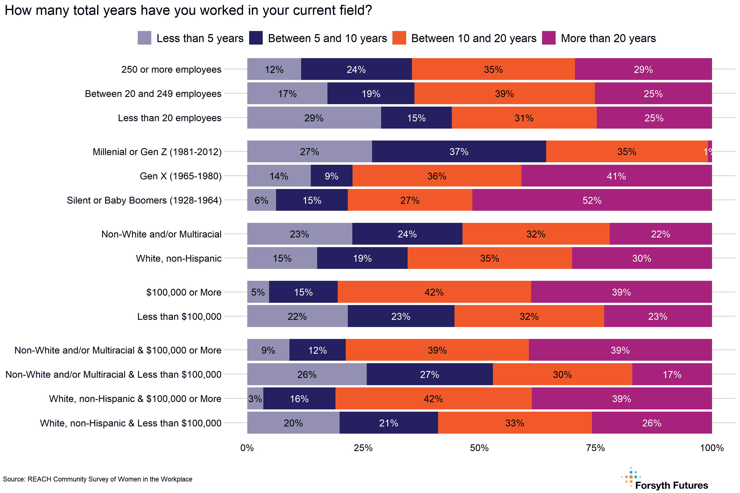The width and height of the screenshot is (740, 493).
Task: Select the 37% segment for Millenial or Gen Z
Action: [459, 152]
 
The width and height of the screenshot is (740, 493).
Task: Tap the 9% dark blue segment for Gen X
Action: [331, 176]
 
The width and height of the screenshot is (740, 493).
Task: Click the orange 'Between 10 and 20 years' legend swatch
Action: [399, 38]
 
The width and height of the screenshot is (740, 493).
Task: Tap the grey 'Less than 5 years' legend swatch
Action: [145, 38]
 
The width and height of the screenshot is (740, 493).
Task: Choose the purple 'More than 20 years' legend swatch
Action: [549, 38]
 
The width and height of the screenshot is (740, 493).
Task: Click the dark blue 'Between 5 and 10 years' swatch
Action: [256, 38]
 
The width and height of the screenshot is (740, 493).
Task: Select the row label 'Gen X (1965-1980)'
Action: [181, 176]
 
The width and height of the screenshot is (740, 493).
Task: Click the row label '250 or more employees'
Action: [171, 69]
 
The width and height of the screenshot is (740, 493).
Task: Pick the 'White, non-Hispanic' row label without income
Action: [178, 258]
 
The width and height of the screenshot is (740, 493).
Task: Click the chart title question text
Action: [188, 10]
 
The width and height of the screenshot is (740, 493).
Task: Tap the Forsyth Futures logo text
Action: [671, 485]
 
